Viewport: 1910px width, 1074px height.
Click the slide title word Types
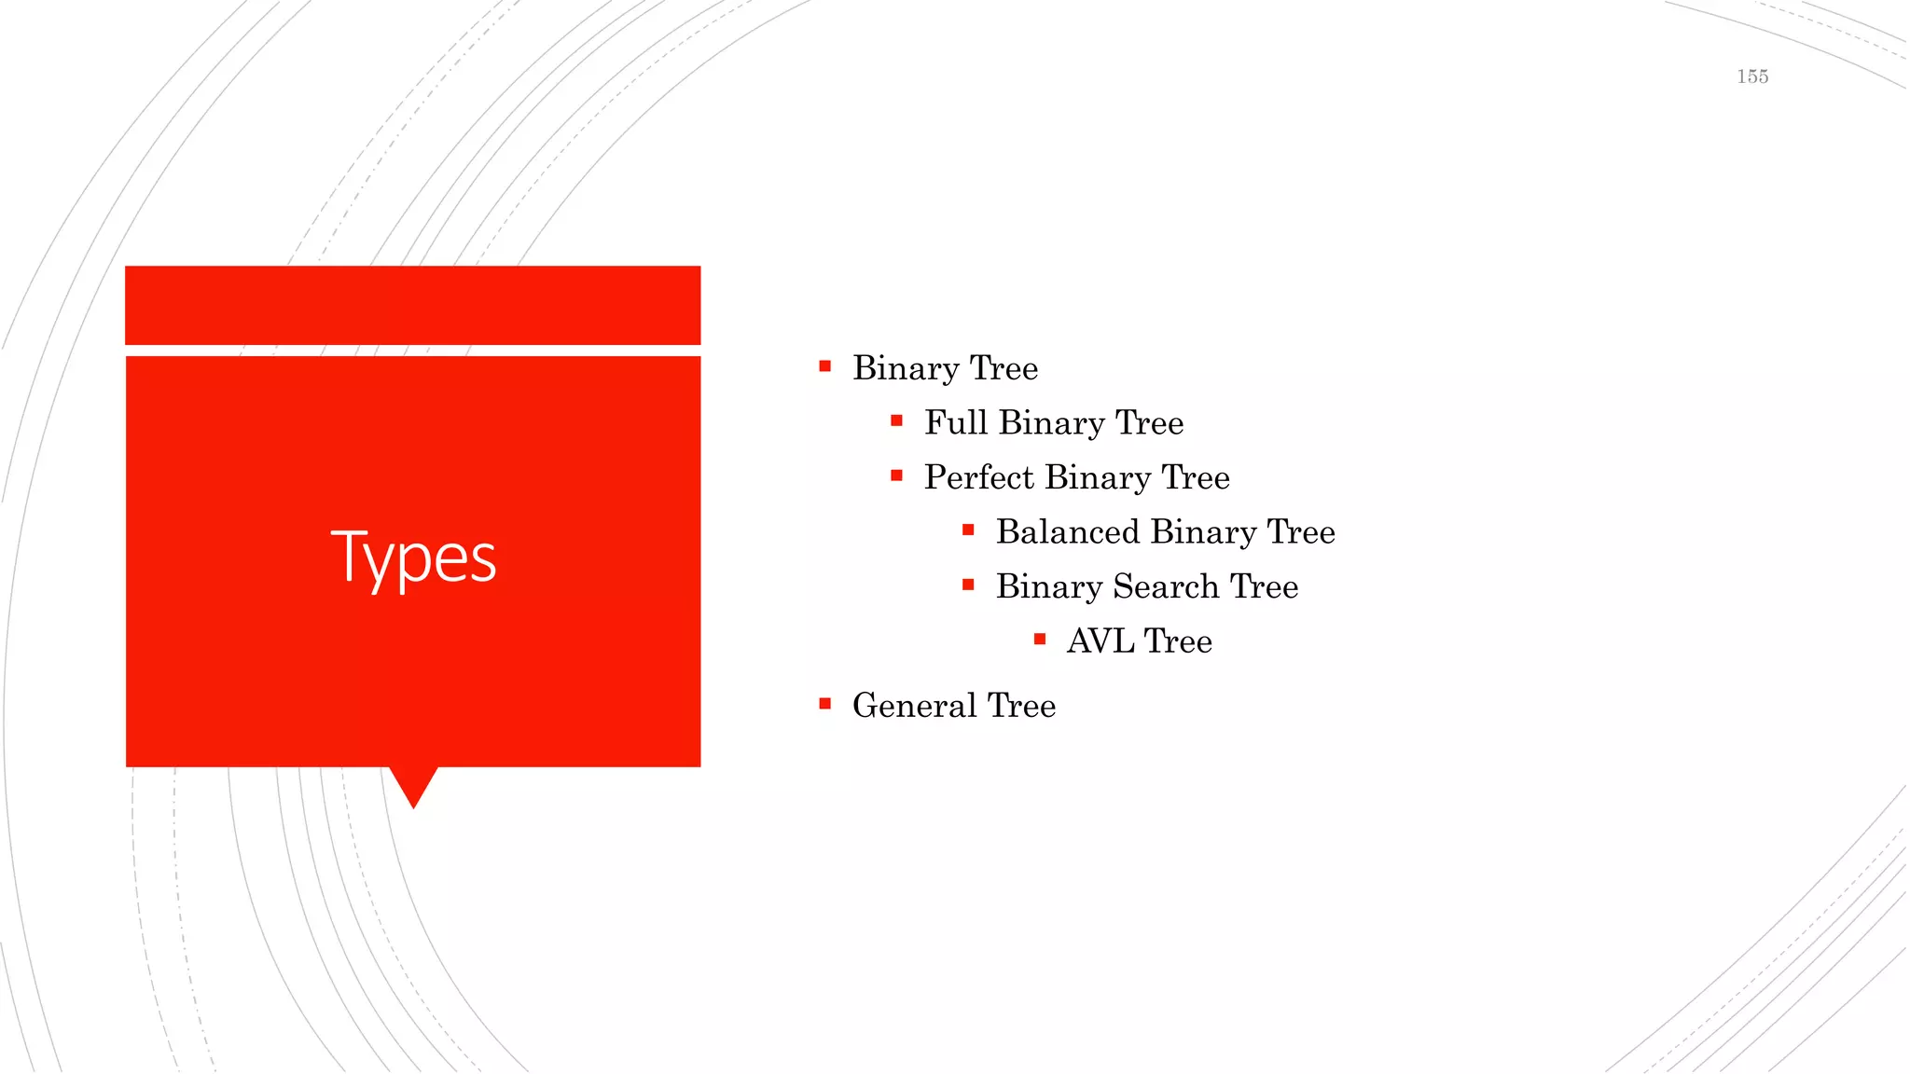pyautogui.click(x=413, y=558)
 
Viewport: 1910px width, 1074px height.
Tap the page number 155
pyautogui.click(x=1752, y=76)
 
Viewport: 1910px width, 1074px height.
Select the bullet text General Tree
pyautogui.click(x=953, y=706)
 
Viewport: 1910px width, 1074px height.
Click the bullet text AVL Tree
pyautogui.click(x=1139, y=641)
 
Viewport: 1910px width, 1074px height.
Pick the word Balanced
pyautogui.click(x=1068, y=532)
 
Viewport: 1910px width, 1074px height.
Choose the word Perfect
pyautogui.click(x=979, y=477)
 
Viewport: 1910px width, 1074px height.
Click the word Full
pyautogui.click(x=955, y=423)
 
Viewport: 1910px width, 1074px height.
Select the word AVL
pyautogui.click(x=1100, y=641)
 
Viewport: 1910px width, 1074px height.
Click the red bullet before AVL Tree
pyautogui.click(x=1040, y=640)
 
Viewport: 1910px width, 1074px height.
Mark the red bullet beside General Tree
pyautogui.click(x=824, y=704)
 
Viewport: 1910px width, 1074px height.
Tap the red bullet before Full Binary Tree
pyautogui.click(x=896, y=421)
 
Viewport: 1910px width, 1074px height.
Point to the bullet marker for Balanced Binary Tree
pyautogui.click(x=968, y=530)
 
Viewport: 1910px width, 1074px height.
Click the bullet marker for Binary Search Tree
pyautogui.click(x=968, y=585)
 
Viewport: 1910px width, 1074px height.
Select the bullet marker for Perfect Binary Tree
pyautogui.click(x=896, y=476)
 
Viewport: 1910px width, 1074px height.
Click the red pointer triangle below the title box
pyautogui.click(x=413, y=784)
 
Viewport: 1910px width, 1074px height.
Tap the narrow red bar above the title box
pyautogui.click(x=412, y=305)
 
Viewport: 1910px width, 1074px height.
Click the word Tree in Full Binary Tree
pyautogui.click(x=1150, y=423)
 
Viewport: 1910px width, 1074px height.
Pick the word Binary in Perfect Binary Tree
pyautogui.click(x=1098, y=477)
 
